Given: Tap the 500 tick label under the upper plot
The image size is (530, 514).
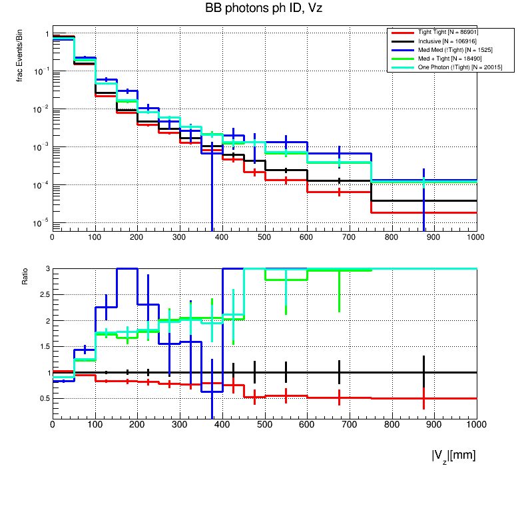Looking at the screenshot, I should (264, 236).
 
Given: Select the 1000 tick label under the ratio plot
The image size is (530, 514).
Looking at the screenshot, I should (476, 423).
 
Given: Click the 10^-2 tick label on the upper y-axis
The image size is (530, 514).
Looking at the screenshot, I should (41, 109).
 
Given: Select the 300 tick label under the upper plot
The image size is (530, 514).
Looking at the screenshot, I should (180, 236).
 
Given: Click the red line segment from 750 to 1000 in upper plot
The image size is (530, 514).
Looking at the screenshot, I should (426, 212).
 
